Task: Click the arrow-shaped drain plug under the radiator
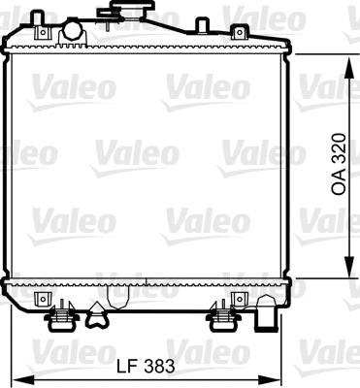pos(96,312)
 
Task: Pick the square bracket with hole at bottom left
pos(41,297)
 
